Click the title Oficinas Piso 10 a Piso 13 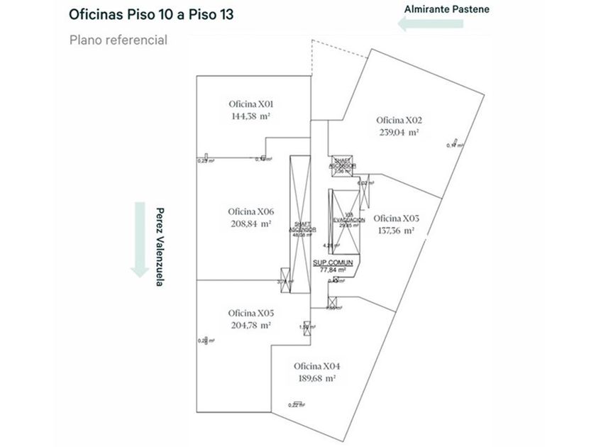[x=151, y=14]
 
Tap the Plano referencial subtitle [x=118, y=40]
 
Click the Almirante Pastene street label [x=446, y=9]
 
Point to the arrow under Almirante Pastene [x=431, y=25]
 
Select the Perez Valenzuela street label [x=160, y=246]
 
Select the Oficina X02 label [x=399, y=119]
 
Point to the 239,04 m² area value [x=399, y=131]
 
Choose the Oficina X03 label [x=396, y=218]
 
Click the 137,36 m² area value [x=396, y=230]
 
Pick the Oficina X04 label [x=317, y=366]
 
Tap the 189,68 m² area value [x=317, y=378]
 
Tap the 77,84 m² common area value [x=333, y=270]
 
